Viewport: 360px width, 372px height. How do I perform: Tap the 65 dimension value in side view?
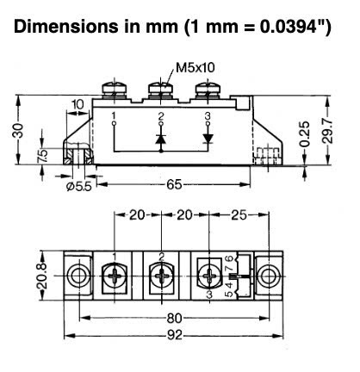click(x=174, y=184)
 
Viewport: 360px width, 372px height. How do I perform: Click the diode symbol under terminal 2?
click(x=161, y=137)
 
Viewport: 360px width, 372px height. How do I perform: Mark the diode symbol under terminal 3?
click(x=208, y=137)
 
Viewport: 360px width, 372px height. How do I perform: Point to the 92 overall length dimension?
click(x=174, y=335)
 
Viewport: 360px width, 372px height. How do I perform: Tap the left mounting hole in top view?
click(x=78, y=275)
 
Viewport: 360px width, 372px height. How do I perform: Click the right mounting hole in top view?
click(x=270, y=275)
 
